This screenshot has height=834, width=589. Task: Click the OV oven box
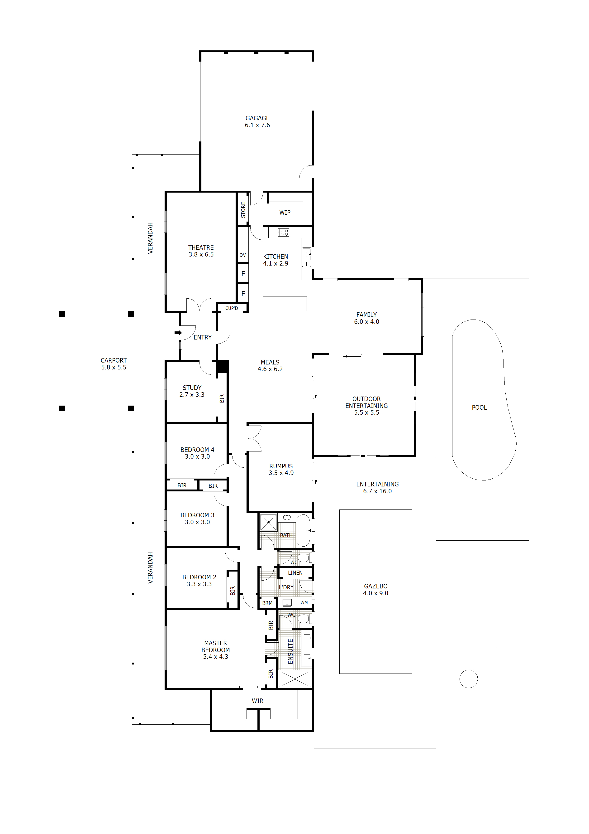[x=243, y=255]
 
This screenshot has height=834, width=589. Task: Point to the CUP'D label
[x=232, y=308]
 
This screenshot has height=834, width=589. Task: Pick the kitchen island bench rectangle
[x=285, y=304]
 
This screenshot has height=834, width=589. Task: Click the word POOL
[x=479, y=407]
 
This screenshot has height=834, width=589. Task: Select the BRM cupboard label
[x=267, y=603]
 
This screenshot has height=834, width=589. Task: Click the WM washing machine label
[x=304, y=603]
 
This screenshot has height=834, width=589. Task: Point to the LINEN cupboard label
[x=295, y=573]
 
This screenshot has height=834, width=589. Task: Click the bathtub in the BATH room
[x=303, y=530]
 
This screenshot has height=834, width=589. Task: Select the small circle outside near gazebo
[x=469, y=679]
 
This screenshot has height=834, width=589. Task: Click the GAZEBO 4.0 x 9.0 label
[x=376, y=590]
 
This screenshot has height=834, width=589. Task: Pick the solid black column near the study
[x=222, y=367]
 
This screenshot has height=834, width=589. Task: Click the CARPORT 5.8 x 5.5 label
[x=114, y=364]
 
